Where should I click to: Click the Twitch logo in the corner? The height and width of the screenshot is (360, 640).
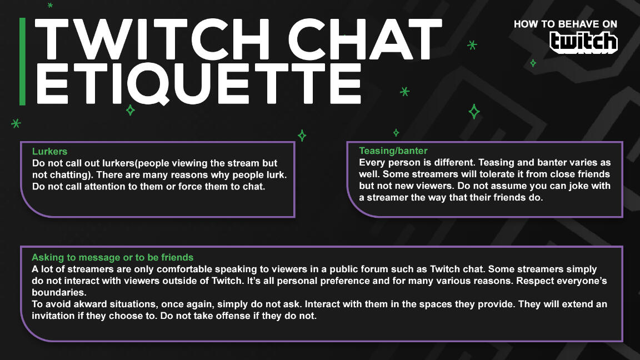click(x=583, y=42)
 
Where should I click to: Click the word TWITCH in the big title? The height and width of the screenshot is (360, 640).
click(x=152, y=39)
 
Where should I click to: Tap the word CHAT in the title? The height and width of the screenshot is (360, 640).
click(x=366, y=39)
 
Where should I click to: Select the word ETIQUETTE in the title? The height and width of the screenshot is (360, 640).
click(x=199, y=83)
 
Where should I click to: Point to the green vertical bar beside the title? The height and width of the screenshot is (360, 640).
click(x=22, y=61)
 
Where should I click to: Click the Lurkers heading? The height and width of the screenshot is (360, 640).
click(x=50, y=152)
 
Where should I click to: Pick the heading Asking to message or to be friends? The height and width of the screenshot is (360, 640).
click(x=113, y=258)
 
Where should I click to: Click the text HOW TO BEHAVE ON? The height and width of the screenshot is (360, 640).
click(x=566, y=24)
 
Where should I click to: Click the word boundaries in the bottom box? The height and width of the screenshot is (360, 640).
click(x=59, y=293)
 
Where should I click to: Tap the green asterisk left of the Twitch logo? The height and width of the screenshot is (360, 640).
click(x=472, y=45)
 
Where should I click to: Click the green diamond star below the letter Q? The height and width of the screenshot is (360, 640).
click(x=130, y=110)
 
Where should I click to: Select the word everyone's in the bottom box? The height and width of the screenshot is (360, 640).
click(x=582, y=281)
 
